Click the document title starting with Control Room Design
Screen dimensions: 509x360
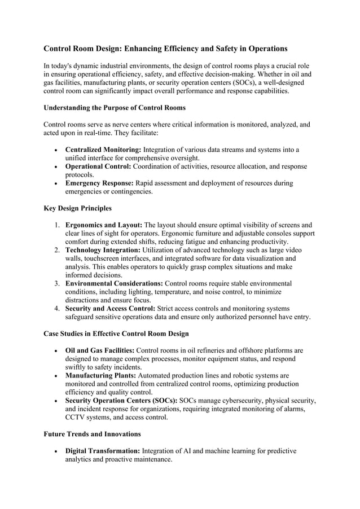pos(165,49)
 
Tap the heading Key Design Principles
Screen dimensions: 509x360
pos(77,208)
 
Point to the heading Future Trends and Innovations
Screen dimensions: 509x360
pos(92,435)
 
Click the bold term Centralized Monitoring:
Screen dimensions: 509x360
pos(103,150)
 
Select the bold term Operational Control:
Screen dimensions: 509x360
pos(98,166)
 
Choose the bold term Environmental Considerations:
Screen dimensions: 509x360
pos(114,283)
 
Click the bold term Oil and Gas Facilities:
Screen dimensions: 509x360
pos(99,350)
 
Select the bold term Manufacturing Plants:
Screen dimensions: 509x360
pos(100,375)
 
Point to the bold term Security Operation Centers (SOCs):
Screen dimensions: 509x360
pos(121,401)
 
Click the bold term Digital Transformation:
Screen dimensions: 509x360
pos(103,451)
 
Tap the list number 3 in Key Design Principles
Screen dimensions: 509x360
pos(57,283)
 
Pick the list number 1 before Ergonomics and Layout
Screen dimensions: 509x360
pos(57,225)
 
